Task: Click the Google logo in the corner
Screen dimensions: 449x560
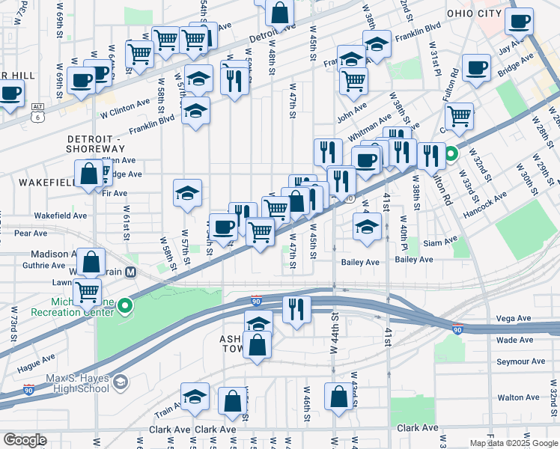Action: coord(25,440)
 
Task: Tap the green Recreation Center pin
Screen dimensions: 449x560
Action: coord(126,305)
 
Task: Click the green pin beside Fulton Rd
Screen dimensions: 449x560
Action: coord(451,156)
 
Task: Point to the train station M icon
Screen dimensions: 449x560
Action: coord(131,272)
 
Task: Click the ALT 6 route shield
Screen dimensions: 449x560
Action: coord(37,112)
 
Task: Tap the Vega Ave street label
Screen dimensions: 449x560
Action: coord(514,319)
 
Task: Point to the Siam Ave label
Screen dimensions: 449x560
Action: coord(439,242)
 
